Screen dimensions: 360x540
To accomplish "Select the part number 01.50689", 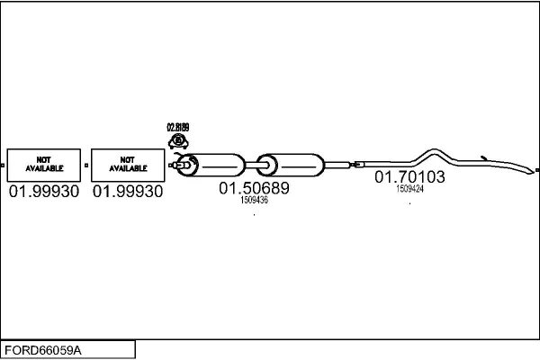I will pyautogui.click(x=254, y=189).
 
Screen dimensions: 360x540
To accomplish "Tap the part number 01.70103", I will pyautogui.click(x=409, y=177).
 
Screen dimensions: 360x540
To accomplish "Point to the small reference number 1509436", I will pyautogui.click(x=254, y=201).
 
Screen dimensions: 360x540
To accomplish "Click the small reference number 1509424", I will pyautogui.click(x=409, y=189).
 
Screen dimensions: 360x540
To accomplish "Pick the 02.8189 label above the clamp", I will pyautogui.click(x=178, y=128).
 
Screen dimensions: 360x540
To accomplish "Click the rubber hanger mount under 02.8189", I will pyautogui.click(x=178, y=140).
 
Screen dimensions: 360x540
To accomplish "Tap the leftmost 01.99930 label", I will pyautogui.click(x=43, y=192).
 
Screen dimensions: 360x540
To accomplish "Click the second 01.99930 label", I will pyautogui.click(x=128, y=192).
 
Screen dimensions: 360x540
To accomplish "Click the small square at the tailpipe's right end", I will pyautogui.click(x=536, y=170).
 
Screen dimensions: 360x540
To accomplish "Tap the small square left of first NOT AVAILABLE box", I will pyautogui.click(x=3, y=165).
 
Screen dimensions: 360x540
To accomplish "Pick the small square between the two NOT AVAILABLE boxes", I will pyautogui.click(x=85, y=165).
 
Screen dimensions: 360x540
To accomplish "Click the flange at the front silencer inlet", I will pyautogui.click(x=186, y=165).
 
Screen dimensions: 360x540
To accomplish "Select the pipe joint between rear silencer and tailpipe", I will pyautogui.click(x=354, y=164).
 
